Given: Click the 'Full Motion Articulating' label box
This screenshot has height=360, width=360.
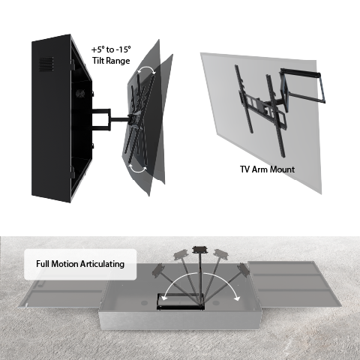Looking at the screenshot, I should click(x=81, y=264).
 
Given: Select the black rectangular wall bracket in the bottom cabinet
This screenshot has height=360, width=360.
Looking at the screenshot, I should click(x=179, y=301).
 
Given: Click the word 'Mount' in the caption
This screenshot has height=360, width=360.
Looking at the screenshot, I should click(x=282, y=169).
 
